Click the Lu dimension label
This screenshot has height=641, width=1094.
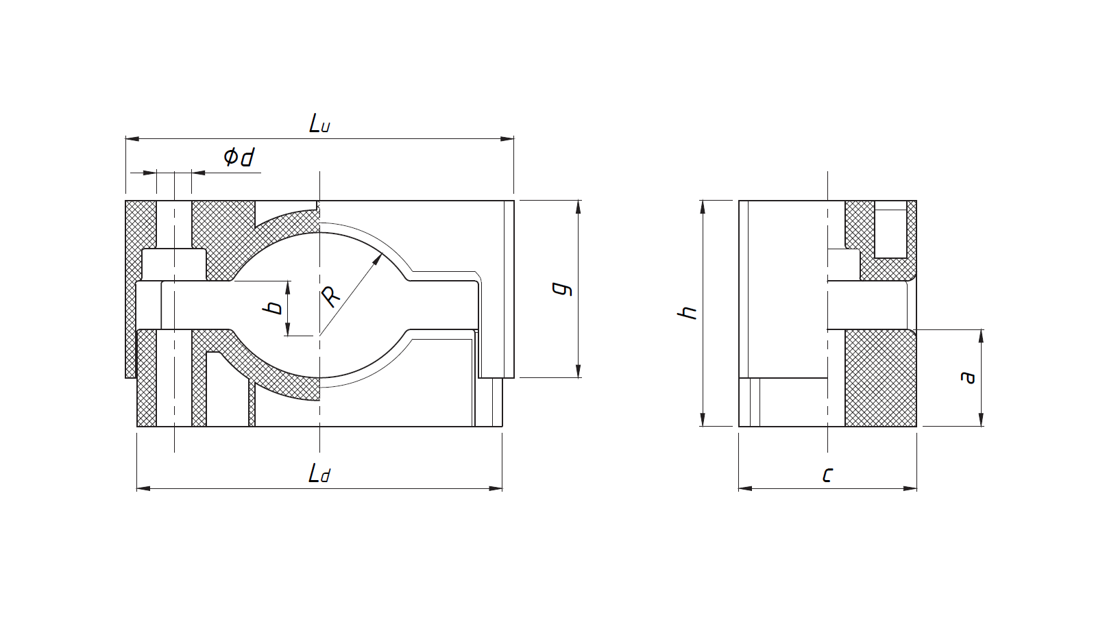pos(319,124)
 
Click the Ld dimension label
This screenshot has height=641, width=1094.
pos(319,473)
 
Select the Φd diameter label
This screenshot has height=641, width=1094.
pos(239,157)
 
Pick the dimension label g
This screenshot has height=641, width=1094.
pos(563,289)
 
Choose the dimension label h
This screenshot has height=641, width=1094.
pos(688,312)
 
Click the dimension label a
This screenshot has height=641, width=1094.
pos(967,377)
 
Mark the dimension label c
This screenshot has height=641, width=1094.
pos(827,474)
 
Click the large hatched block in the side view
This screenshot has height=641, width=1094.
pos(881,378)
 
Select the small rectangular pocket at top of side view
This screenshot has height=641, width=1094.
pos(891,229)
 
